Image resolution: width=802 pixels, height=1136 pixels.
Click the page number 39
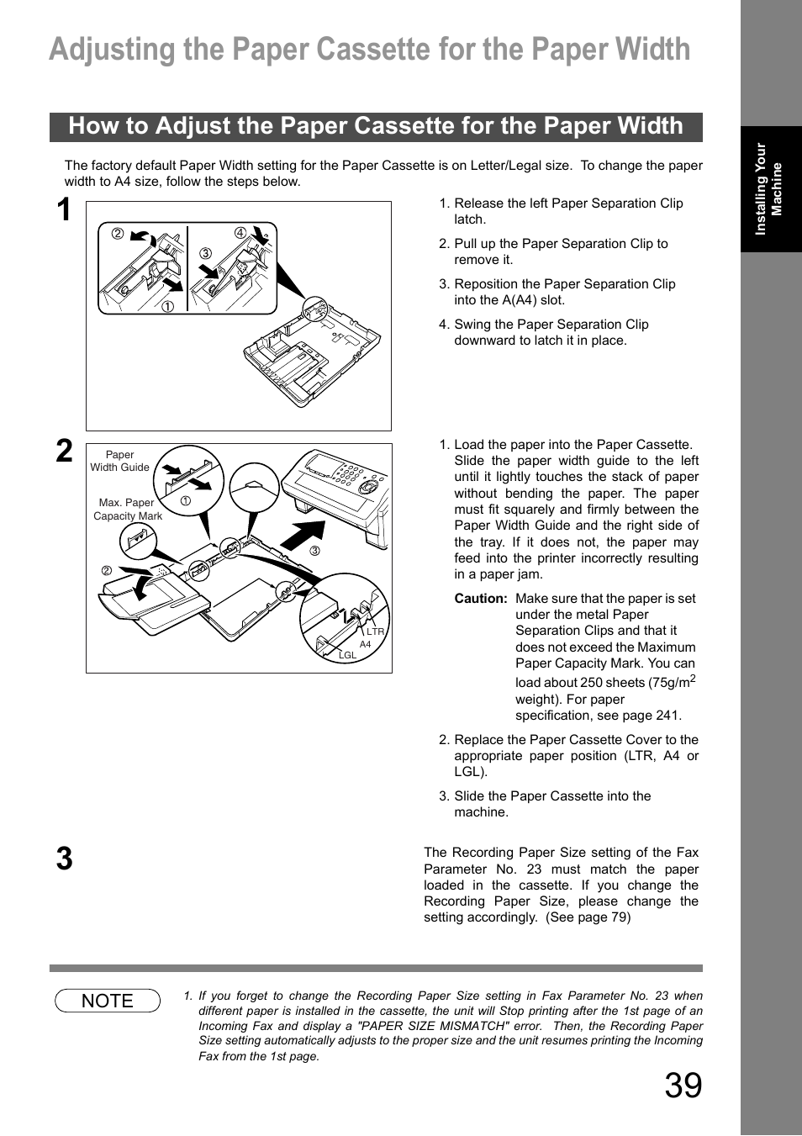(683, 1086)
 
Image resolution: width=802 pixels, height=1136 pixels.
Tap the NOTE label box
(108, 1001)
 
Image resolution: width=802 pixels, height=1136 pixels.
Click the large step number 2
(65, 452)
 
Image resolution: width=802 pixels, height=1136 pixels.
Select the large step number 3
(65, 859)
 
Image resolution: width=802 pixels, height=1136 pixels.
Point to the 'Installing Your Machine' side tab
(770, 189)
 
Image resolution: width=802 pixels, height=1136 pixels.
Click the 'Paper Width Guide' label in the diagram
(119, 461)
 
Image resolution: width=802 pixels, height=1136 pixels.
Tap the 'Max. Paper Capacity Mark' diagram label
(127, 510)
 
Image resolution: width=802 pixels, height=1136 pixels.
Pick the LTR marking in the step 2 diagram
(375, 631)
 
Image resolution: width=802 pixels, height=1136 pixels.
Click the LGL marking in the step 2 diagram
(347, 656)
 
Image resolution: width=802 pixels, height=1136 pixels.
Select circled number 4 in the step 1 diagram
(240, 233)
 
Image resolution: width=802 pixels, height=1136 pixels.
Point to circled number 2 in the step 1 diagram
(118, 234)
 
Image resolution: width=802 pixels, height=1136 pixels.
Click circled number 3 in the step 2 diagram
(315, 552)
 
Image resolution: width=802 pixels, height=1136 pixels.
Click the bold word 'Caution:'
(481, 599)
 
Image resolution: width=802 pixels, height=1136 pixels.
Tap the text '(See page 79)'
(588, 917)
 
